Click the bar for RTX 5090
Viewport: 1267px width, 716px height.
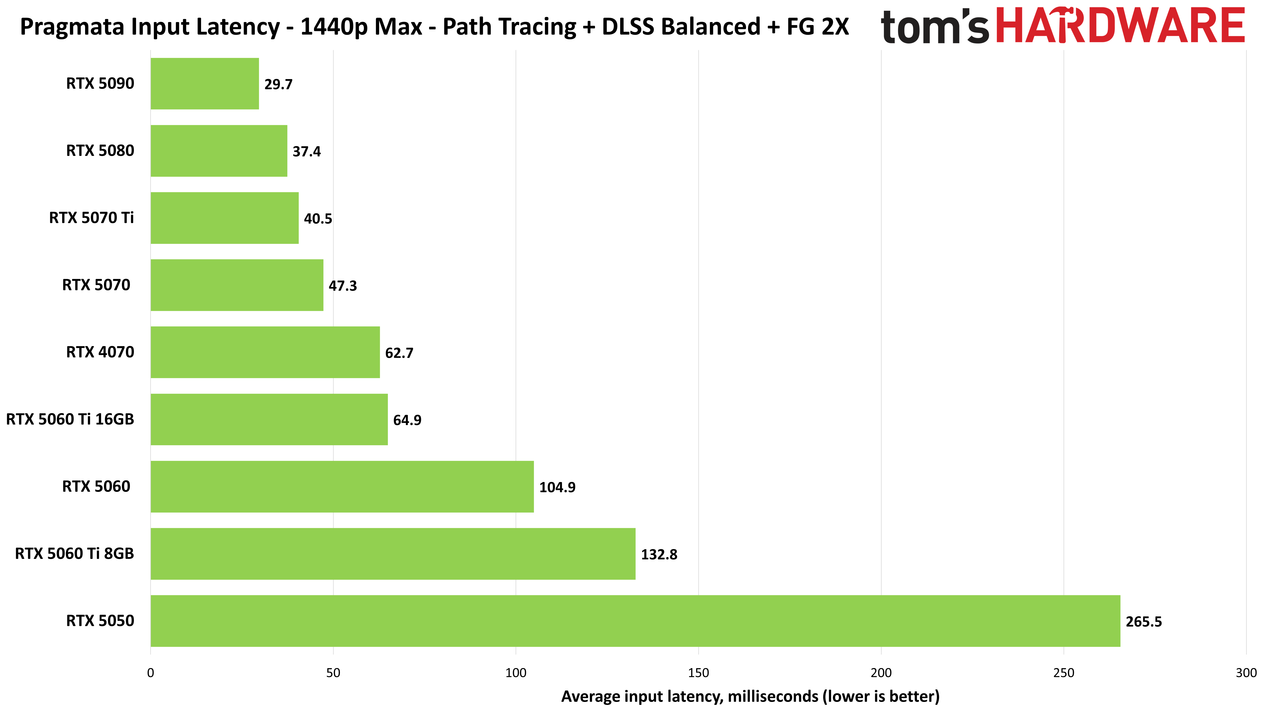pos(205,84)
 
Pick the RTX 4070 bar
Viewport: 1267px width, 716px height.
pos(265,352)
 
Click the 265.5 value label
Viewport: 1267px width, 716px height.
pos(1144,622)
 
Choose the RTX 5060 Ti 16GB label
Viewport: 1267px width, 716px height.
pos(70,420)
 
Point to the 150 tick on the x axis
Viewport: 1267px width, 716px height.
pos(698,673)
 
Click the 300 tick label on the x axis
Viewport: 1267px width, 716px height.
pos(1246,673)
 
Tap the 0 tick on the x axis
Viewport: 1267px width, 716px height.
pos(150,673)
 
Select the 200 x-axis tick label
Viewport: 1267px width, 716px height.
pos(881,673)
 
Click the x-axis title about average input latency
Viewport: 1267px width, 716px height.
pos(750,696)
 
